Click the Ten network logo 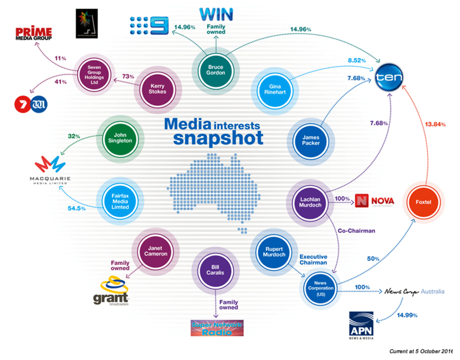[x=389, y=76]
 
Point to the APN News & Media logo [x=362, y=325]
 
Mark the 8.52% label [x=357, y=60]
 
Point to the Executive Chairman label [x=313, y=260]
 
